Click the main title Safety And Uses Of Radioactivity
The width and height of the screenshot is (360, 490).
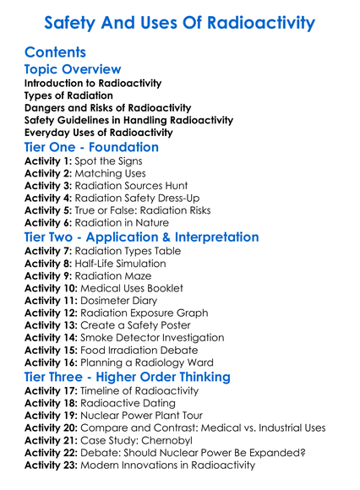pos(180,22)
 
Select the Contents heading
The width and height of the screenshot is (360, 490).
pos(55,52)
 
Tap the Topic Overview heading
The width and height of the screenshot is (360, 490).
pos(73,69)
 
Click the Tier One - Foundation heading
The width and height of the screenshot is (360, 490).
pos(91,147)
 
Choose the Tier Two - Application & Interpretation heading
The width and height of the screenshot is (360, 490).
pos(141,237)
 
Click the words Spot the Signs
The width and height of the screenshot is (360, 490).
pos(106,161)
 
